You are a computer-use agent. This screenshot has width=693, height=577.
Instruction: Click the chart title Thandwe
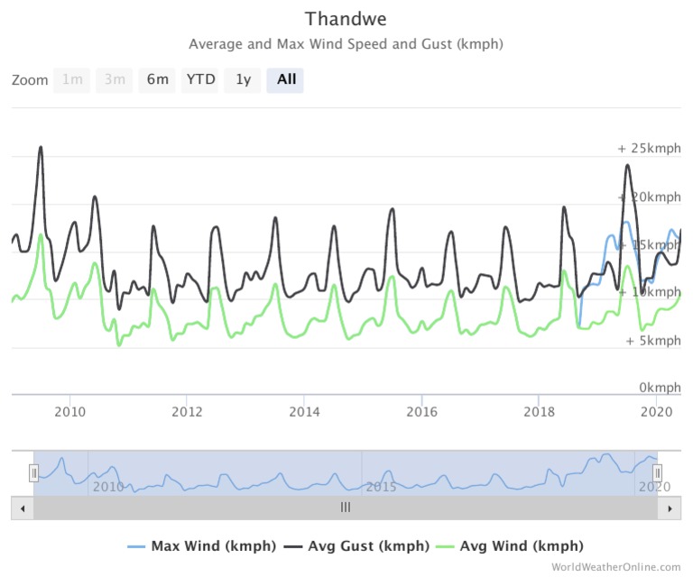tap(346, 19)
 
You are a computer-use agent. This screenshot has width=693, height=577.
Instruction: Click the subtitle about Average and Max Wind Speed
tap(346, 44)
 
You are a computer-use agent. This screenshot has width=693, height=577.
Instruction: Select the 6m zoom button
tap(157, 79)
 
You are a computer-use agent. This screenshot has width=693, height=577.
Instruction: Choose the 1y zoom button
tap(243, 79)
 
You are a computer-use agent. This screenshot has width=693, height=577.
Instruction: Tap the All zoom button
tap(286, 79)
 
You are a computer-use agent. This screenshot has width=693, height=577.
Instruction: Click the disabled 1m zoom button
tap(71, 79)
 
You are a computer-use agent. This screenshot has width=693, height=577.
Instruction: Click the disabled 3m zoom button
tap(114, 79)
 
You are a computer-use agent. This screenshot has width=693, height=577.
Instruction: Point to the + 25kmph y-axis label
tap(649, 149)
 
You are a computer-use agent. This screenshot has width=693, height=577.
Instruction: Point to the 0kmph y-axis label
tap(654, 388)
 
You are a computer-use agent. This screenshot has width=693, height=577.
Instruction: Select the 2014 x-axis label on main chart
tap(304, 412)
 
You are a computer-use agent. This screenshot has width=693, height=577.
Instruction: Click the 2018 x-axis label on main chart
tap(539, 412)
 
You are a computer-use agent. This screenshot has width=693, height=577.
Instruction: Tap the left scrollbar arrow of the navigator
tap(19, 508)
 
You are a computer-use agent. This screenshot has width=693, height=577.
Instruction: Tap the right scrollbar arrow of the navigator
tap(670, 508)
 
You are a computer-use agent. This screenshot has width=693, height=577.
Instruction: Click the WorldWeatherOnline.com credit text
tap(616, 567)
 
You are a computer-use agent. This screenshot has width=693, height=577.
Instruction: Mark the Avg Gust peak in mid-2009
tap(41, 147)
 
